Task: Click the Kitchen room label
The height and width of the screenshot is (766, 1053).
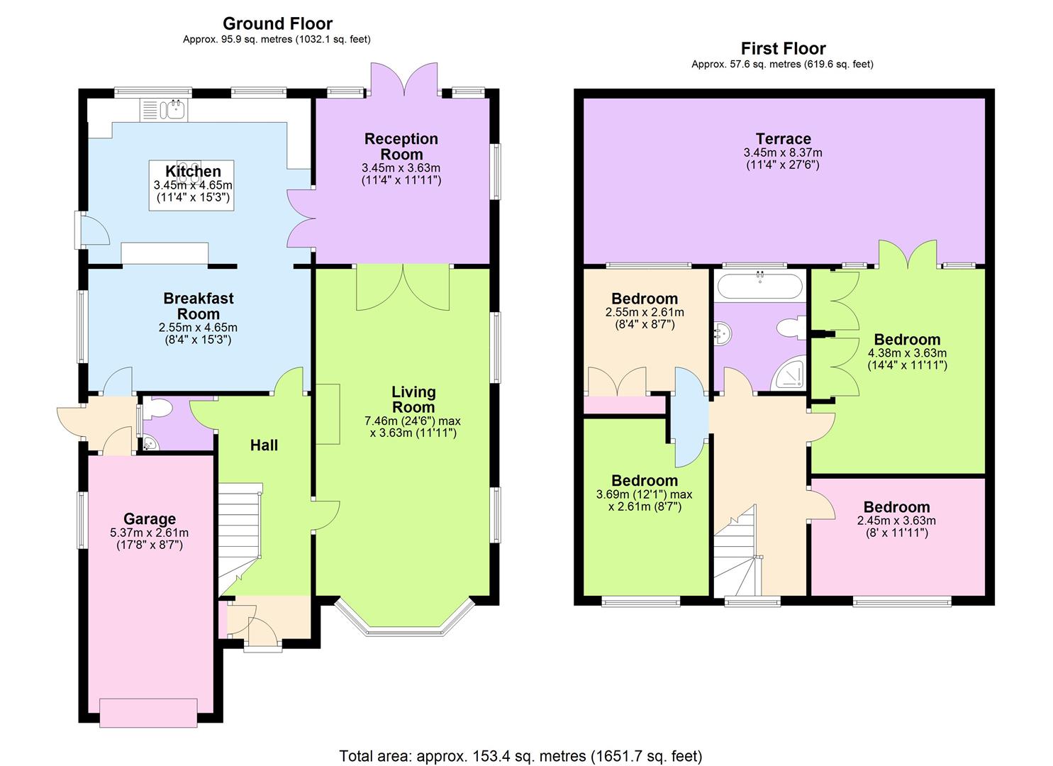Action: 193,172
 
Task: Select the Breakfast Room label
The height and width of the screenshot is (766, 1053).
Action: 198,306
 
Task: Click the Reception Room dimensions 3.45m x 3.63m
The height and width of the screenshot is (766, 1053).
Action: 401,168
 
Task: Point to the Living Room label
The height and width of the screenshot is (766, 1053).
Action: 413,399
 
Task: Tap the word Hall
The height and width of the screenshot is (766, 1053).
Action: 264,445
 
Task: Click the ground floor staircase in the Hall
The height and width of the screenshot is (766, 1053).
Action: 239,532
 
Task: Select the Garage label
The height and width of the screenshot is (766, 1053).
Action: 149,519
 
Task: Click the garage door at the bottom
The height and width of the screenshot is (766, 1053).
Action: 149,712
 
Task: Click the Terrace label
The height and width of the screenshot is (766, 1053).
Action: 783,139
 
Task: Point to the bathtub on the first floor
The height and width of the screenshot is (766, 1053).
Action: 760,287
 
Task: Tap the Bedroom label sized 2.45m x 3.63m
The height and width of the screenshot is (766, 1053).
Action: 896,507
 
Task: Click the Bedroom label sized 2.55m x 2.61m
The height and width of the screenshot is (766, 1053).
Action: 645,299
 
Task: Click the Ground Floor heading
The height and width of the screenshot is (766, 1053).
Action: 277,24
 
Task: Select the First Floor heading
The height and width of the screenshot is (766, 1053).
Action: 783,49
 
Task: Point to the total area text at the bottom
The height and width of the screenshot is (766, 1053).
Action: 520,755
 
